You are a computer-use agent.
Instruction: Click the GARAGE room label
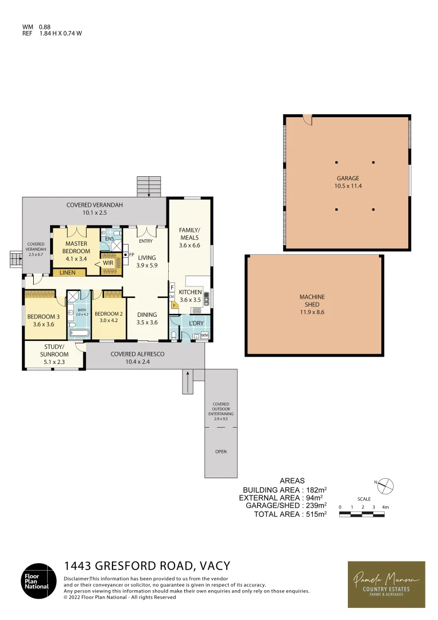(x=348, y=179)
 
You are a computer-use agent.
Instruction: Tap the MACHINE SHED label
(x=312, y=301)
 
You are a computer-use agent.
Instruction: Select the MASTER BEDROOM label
(x=76, y=247)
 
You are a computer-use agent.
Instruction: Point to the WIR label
(x=108, y=263)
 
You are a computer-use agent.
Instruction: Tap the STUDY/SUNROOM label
(x=55, y=350)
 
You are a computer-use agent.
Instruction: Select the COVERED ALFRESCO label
(x=137, y=354)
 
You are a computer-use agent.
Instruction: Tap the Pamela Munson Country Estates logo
(x=386, y=584)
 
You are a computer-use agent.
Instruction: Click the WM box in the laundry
(x=204, y=335)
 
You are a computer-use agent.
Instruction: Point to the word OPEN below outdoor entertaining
(x=221, y=452)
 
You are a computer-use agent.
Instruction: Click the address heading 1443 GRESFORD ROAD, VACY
(x=147, y=566)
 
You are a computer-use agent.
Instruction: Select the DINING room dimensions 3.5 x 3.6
(x=146, y=323)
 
